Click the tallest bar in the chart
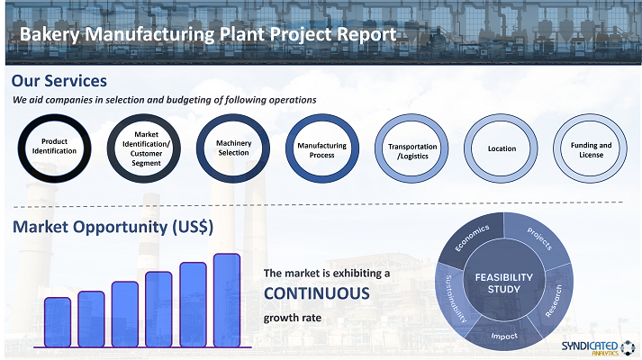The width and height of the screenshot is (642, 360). pyautogui.click(x=227, y=301)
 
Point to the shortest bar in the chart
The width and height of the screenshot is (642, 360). pyautogui.click(x=58, y=322)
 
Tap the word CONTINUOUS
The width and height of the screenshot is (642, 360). pyautogui.click(x=316, y=293)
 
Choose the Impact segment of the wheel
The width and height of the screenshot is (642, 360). pyautogui.click(x=504, y=336)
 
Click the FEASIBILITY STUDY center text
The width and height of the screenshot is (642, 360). pyautogui.click(x=504, y=283)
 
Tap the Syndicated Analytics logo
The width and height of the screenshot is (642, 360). pyautogui.click(x=598, y=347)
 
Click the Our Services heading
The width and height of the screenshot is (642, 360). pyautogui.click(x=59, y=81)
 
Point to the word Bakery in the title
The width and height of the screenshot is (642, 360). pyautogui.click(x=50, y=34)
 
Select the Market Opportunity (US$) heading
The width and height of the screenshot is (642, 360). pyautogui.click(x=113, y=227)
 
